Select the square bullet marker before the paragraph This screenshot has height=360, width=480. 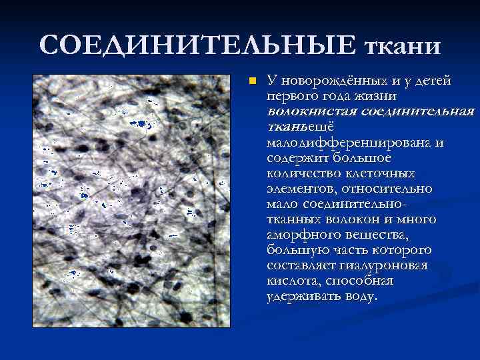(251, 81)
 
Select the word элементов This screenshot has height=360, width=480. (301, 189)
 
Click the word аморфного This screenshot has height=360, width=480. (299, 235)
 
